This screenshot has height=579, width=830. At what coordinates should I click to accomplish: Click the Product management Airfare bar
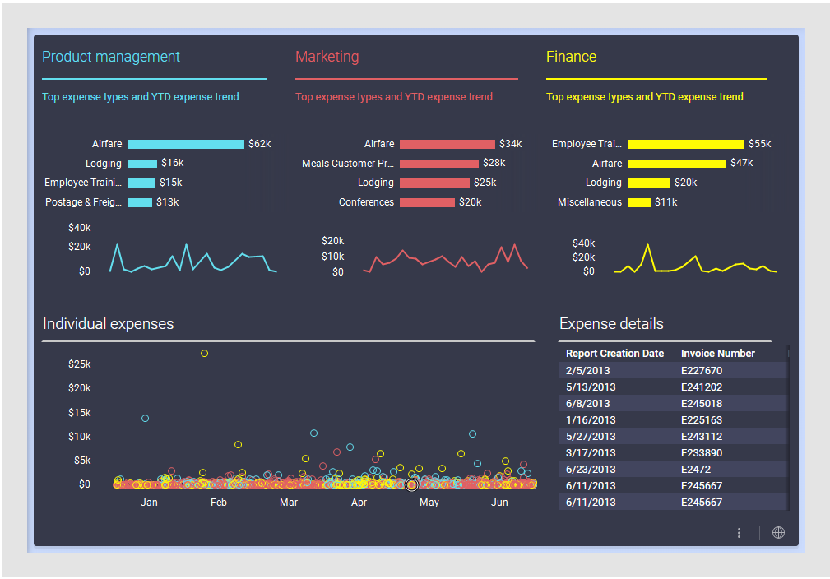click(x=186, y=144)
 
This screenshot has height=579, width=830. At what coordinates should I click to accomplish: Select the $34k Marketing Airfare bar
click(x=447, y=144)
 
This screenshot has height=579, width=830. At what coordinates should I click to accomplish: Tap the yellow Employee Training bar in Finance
click(x=686, y=144)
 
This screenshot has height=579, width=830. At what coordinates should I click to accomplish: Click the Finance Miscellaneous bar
click(x=639, y=202)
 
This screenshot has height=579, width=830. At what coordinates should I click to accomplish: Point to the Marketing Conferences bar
click(x=427, y=202)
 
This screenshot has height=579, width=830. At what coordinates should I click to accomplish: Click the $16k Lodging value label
click(x=173, y=164)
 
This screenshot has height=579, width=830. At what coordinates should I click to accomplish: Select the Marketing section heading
click(x=327, y=57)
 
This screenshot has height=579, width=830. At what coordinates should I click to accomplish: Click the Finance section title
click(x=571, y=57)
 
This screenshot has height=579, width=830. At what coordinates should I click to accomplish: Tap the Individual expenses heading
click(x=108, y=324)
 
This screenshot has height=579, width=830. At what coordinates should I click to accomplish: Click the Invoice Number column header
click(x=717, y=354)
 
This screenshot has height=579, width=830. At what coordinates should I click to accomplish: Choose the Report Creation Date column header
click(x=614, y=354)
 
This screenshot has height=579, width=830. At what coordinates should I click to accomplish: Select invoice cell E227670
click(x=701, y=371)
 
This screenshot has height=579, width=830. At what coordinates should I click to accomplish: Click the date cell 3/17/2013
click(x=590, y=453)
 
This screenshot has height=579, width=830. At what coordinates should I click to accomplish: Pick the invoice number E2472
click(x=696, y=470)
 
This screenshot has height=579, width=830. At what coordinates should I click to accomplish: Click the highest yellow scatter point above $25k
click(x=204, y=354)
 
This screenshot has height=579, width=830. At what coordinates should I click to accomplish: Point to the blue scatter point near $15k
click(x=146, y=419)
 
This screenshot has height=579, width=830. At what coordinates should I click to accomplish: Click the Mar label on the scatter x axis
click(x=289, y=503)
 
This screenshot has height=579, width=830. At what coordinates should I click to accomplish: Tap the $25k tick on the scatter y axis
click(x=80, y=364)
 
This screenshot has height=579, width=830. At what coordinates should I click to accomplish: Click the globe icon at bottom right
click(x=778, y=533)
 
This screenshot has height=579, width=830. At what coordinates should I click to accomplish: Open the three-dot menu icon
click(x=740, y=533)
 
